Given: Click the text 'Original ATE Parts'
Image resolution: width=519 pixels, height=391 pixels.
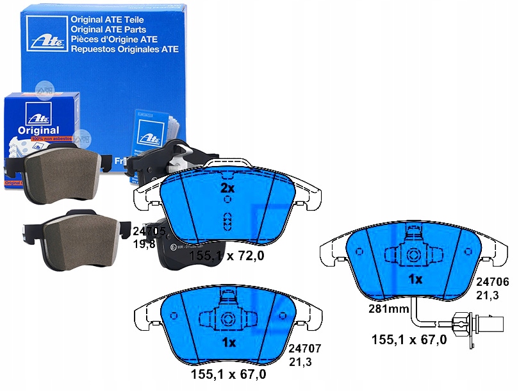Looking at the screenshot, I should (108, 29).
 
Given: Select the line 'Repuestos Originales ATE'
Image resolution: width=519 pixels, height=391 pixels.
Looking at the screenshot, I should (124, 49).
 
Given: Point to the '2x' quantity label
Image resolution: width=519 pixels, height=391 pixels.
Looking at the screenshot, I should (227, 188).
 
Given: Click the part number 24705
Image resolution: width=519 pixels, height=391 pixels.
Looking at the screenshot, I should (149, 230).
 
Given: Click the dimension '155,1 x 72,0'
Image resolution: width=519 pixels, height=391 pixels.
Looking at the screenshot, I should (227, 256).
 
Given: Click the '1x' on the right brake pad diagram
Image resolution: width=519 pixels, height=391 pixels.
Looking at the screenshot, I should (415, 279).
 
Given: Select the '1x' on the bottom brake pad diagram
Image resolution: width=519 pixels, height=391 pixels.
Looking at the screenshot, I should (229, 342).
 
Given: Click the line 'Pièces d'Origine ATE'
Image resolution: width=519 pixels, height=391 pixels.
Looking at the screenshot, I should (115, 39).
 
